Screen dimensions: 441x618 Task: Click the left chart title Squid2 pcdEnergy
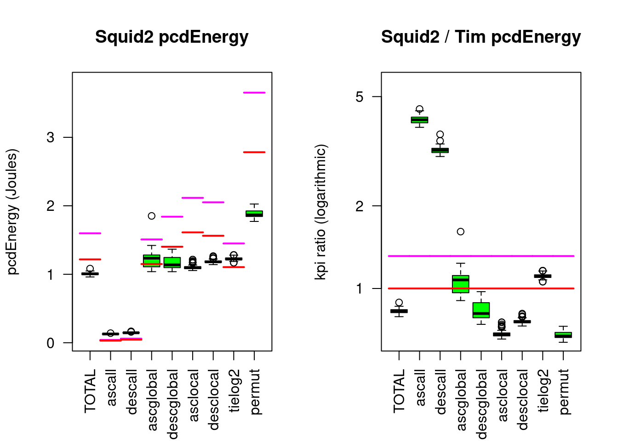click(x=172, y=37)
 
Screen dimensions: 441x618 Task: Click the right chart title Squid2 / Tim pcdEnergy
click(x=481, y=37)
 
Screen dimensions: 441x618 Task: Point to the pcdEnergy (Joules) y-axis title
click(x=13, y=211)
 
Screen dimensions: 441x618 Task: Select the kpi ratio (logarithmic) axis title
click(x=320, y=211)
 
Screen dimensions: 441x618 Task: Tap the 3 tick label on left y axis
click(x=50, y=137)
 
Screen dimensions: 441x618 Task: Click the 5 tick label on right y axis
click(x=359, y=96)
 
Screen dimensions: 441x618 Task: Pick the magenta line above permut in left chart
click(x=254, y=93)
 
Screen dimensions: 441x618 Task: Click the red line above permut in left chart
click(x=254, y=152)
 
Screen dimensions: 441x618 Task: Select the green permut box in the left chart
click(x=254, y=214)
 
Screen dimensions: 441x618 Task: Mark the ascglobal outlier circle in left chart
click(x=151, y=216)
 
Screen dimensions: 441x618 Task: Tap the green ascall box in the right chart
click(x=419, y=120)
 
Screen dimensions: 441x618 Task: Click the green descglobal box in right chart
click(x=481, y=310)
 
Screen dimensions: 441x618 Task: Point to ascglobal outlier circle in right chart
click(x=460, y=232)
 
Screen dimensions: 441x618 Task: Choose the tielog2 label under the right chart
click(x=543, y=390)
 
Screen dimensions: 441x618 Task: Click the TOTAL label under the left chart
click(x=90, y=390)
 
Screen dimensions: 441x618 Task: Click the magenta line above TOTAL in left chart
click(x=90, y=233)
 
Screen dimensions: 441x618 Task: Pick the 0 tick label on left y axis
click(x=50, y=343)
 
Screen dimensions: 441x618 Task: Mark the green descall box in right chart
click(x=440, y=150)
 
